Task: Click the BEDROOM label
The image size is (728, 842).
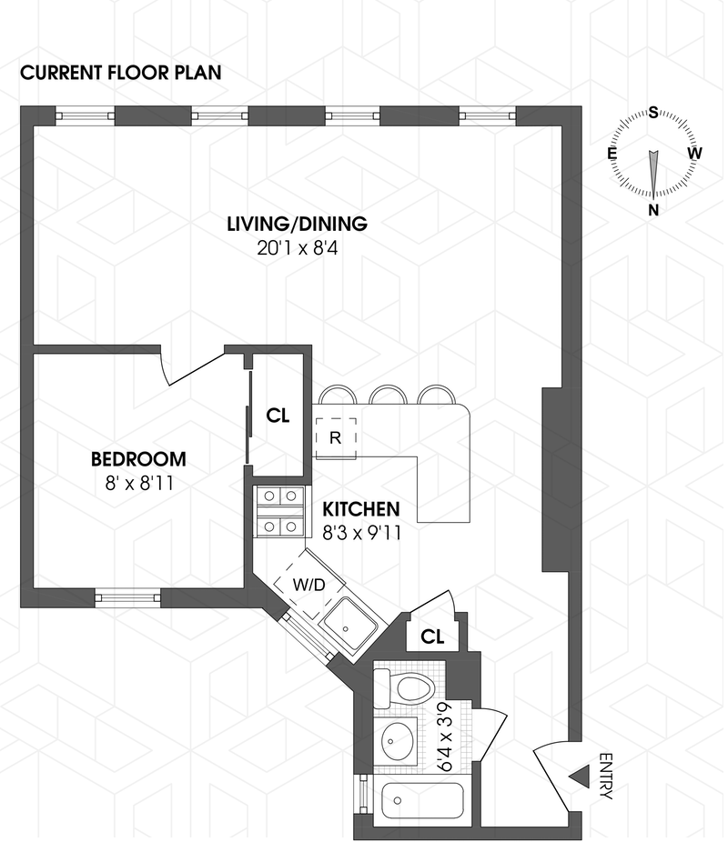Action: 138,459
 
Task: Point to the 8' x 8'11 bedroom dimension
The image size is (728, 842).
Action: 138,484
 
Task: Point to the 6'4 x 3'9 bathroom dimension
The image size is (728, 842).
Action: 448,737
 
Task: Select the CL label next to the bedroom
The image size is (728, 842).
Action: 278,416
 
